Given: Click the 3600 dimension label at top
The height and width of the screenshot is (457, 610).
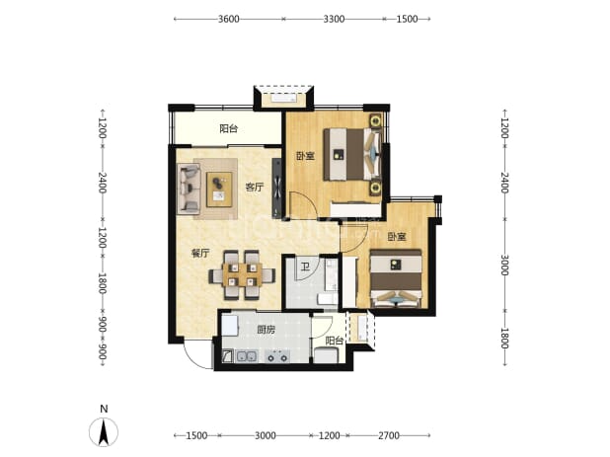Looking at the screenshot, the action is pos(228,19).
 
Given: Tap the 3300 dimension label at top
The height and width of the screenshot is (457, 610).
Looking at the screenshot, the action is pos(334,19).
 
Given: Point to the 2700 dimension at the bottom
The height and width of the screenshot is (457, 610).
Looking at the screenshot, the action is pos(389,435).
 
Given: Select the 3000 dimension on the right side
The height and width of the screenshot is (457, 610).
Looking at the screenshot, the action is pos(504,265).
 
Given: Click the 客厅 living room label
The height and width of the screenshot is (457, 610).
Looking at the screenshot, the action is pos(254,188).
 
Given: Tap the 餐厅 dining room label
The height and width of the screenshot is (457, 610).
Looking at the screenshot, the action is pos(200,254).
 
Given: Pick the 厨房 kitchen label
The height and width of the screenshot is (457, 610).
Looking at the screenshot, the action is pos(267,330).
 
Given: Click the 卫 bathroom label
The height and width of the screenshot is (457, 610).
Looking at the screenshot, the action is pos(305,267).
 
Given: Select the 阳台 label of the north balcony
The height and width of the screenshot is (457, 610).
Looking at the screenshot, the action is pos(228,128).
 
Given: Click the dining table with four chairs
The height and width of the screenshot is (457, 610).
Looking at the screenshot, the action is pos(242,275).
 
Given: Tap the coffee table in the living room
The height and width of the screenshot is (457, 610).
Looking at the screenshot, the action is pos(219,190).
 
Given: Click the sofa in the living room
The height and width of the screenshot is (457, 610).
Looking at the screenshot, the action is pos(189,189).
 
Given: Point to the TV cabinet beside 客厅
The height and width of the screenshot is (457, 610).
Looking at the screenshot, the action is pos(277,188).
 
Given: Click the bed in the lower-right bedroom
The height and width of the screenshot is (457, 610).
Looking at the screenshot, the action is pos(396,278).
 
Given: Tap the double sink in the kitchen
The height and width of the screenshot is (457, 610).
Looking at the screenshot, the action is pos(247,356).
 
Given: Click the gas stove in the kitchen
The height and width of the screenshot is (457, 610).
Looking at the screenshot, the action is pos(277,356).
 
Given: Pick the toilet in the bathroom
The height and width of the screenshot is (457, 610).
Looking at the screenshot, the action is pos(327,299).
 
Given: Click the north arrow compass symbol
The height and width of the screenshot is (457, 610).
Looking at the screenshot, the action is pos(104,432).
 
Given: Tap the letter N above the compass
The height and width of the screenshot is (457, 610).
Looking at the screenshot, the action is pos(104,409).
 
